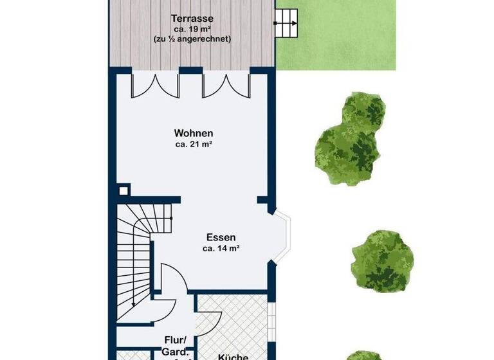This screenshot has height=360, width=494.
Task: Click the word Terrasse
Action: tap(192, 18)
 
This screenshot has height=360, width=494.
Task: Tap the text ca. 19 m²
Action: tap(192, 28)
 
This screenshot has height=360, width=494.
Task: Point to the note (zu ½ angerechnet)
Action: tap(192, 39)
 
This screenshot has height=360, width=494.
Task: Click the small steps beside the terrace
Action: tap(287, 24)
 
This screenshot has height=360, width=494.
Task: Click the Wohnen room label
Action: tap(193, 133)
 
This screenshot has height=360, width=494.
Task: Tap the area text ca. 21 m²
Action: tap(193, 144)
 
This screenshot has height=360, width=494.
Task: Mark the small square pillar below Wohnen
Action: tap(123, 191)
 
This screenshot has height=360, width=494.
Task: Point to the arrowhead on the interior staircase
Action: tap(133, 304)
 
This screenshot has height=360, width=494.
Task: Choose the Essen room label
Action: tap(221, 237)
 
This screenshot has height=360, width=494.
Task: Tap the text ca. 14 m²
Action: tap(221, 248)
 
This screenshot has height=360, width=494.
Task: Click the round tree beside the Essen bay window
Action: tap(382, 260)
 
